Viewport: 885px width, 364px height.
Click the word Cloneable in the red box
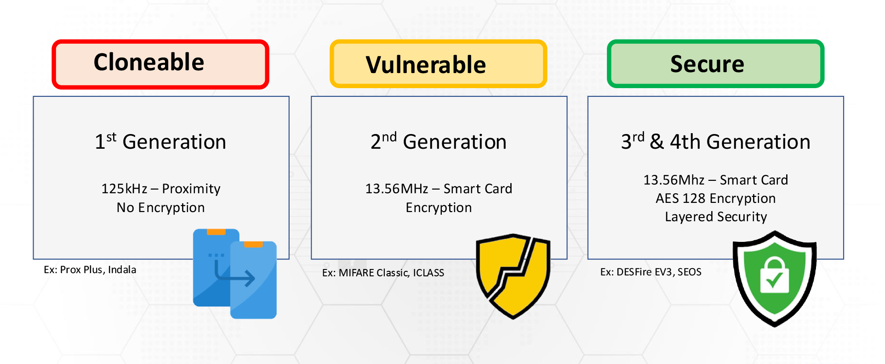point(149,62)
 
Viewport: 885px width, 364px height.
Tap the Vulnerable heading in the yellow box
point(426,65)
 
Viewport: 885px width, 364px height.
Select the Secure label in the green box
point(707,64)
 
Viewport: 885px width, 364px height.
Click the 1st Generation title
point(160,141)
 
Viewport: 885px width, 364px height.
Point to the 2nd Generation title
point(439,141)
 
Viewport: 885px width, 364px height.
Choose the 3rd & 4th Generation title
point(716,141)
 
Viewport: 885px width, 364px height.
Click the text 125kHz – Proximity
point(161,189)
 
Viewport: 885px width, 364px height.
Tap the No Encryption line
point(160,207)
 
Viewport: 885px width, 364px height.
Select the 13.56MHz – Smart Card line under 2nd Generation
point(439,189)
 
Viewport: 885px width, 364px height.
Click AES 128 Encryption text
point(716,198)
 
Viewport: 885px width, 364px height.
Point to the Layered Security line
point(716,217)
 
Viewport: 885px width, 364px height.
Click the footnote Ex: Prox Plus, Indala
point(90,269)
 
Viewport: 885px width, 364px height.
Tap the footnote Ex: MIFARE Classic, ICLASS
point(383,273)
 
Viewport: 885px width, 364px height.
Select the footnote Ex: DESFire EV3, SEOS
point(651,272)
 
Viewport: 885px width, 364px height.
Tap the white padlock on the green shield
point(774,274)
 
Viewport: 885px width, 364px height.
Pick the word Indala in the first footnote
point(122,269)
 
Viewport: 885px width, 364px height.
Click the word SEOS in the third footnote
point(690,272)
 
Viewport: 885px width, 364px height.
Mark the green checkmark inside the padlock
point(775,279)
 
